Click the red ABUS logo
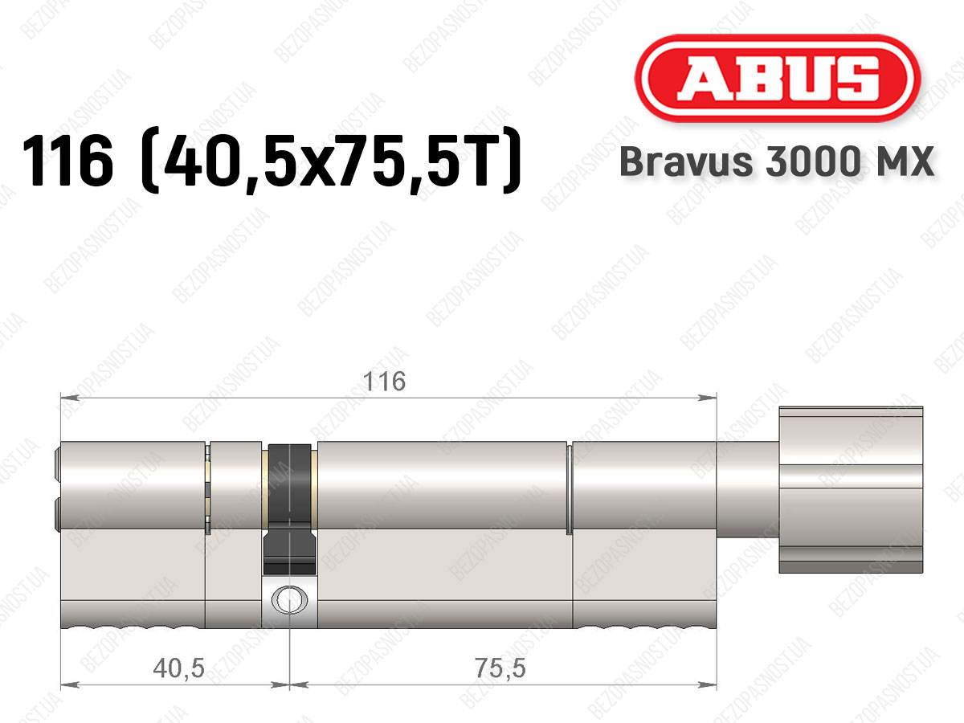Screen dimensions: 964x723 [x=778, y=78]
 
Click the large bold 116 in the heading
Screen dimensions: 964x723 [x=67, y=161]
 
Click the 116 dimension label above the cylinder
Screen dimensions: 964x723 [x=384, y=382]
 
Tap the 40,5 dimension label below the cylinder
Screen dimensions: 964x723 [x=179, y=668]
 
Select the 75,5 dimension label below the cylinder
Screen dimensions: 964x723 [x=500, y=668]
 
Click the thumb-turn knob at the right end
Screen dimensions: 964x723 [x=851, y=489]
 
